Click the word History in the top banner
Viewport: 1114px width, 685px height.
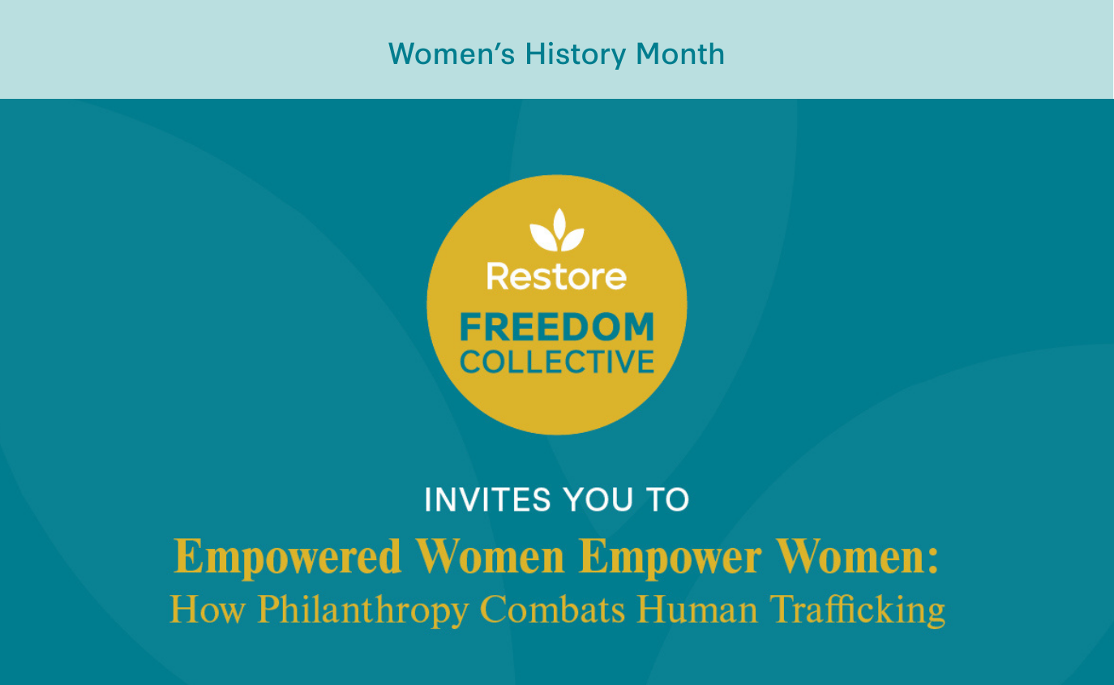point(576,54)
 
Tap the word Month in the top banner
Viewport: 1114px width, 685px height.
point(680,54)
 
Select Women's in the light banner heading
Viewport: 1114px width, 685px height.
point(452,54)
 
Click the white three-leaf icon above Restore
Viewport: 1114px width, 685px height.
point(557,229)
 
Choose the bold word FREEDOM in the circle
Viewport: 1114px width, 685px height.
point(557,327)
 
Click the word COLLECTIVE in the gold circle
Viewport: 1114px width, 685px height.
point(557,362)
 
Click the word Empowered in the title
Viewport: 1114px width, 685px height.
point(288,557)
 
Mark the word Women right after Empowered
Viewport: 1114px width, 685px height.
point(491,556)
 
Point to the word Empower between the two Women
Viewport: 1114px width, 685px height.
point(671,557)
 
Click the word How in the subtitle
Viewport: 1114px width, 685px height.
point(208,610)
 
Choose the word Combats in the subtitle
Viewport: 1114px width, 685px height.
point(552,610)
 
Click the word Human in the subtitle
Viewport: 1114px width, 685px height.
point(697,610)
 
